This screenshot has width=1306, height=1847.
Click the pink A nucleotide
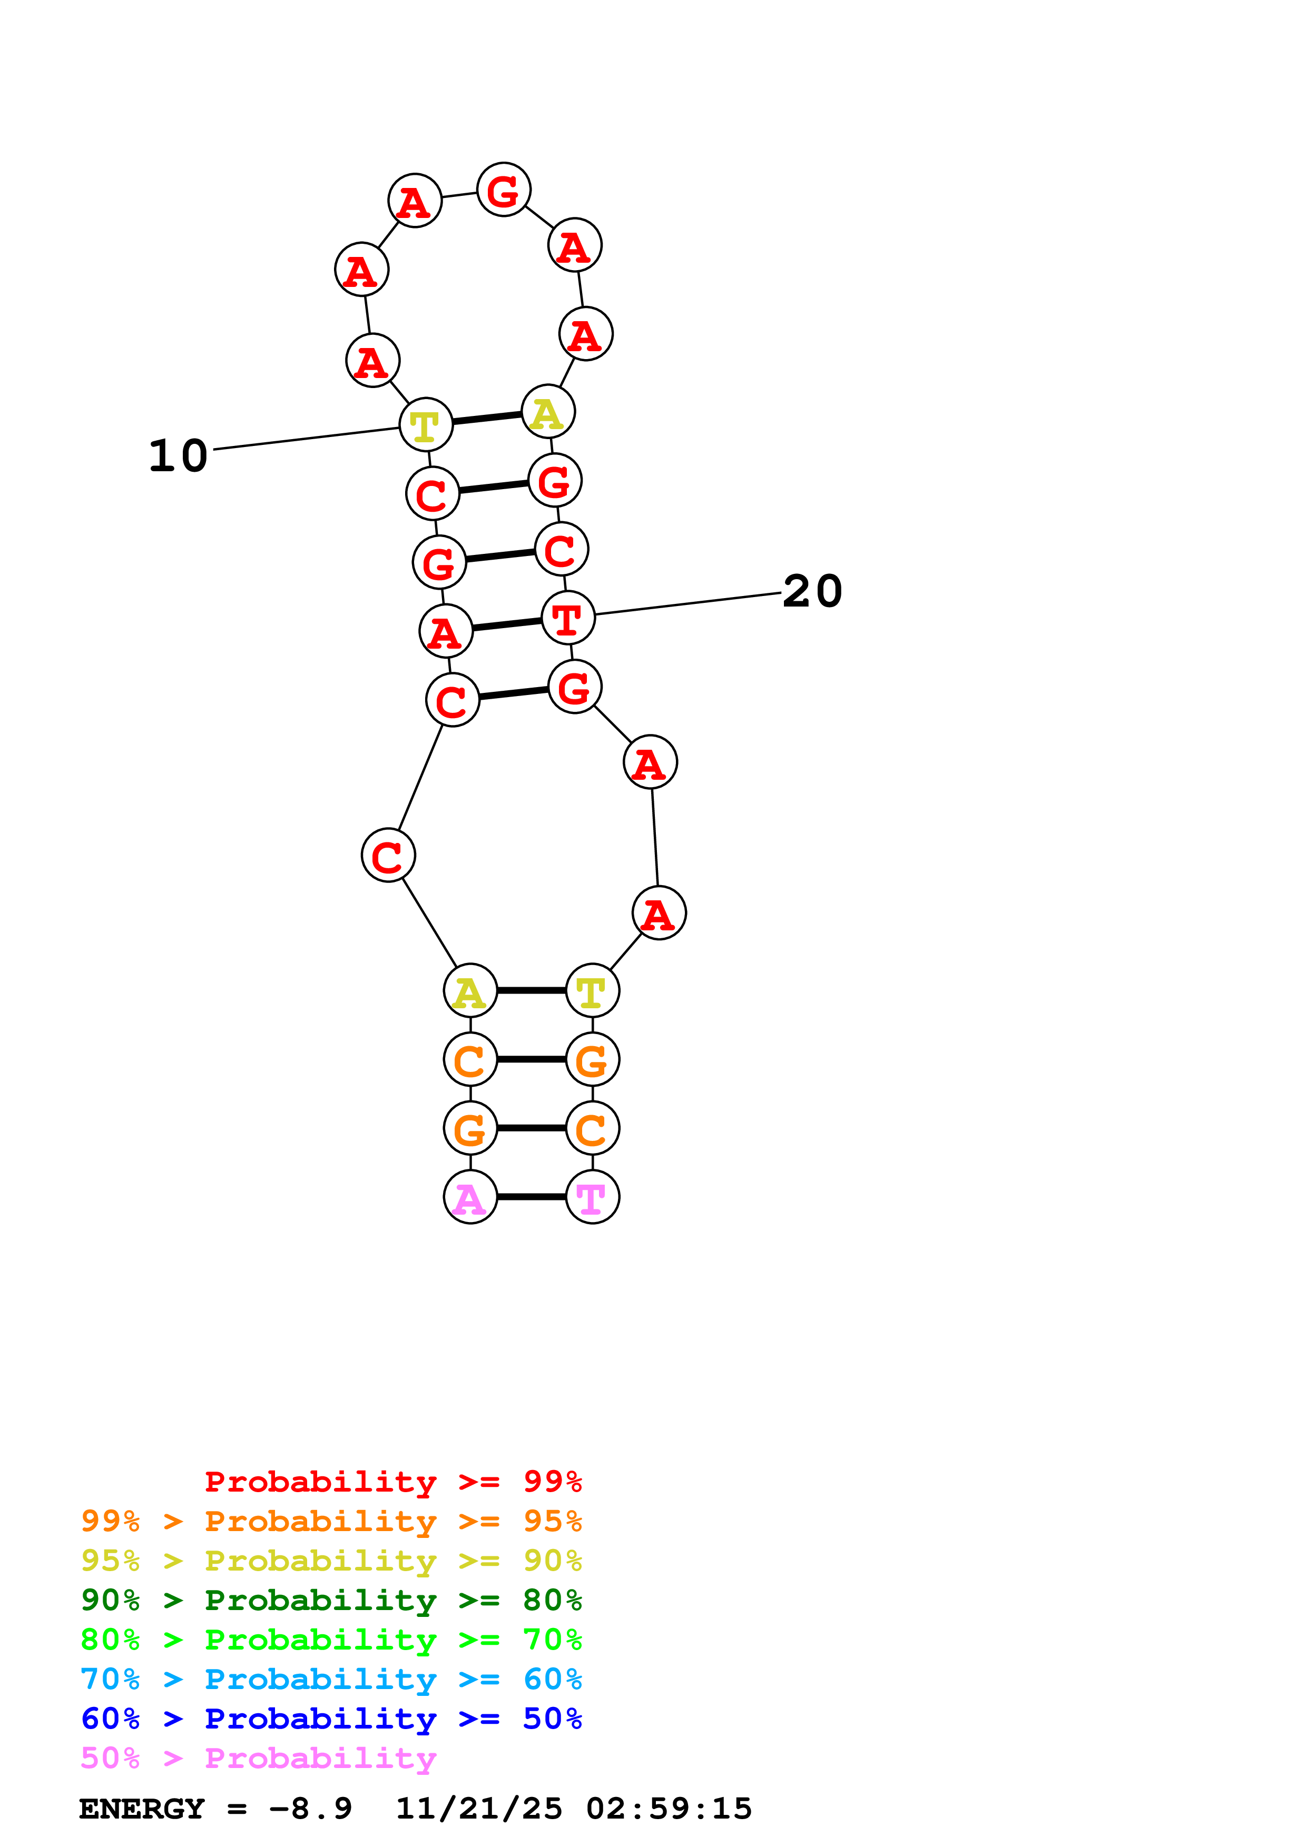(x=470, y=1197)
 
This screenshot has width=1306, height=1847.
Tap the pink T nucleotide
(x=592, y=1197)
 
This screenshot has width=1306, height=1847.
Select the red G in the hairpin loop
(x=504, y=191)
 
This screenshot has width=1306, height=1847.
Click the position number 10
(x=178, y=456)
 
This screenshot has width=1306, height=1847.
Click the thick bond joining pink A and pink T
(x=531, y=1197)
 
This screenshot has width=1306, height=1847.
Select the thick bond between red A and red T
(x=507, y=624)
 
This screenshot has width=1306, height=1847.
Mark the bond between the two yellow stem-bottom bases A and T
(x=531, y=990)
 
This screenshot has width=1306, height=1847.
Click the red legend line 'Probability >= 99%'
(x=392, y=1482)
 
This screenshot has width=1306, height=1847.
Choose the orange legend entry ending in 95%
(x=331, y=1521)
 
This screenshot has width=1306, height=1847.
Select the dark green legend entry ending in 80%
(x=331, y=1600)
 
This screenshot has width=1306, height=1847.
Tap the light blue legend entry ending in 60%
(x=331, y=1679)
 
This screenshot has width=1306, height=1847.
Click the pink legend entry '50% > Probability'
(x=258, y=1757)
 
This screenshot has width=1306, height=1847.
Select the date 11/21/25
(x=479, y=1809)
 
